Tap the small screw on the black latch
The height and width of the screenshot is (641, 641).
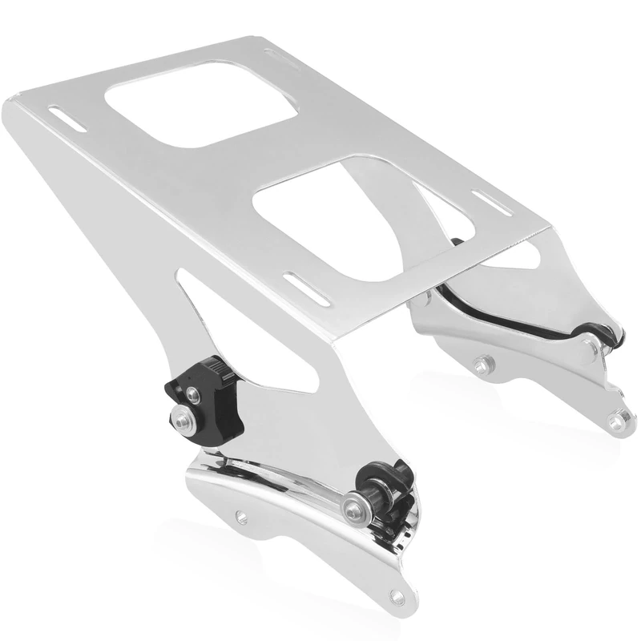[x=193, y=393]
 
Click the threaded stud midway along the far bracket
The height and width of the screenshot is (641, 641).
[x=482, y=365]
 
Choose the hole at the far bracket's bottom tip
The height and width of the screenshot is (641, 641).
[x=618, y=418]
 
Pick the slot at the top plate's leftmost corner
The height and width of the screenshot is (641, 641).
[x=69, y=119]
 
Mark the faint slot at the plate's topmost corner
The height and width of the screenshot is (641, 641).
[x=283, y=56]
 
